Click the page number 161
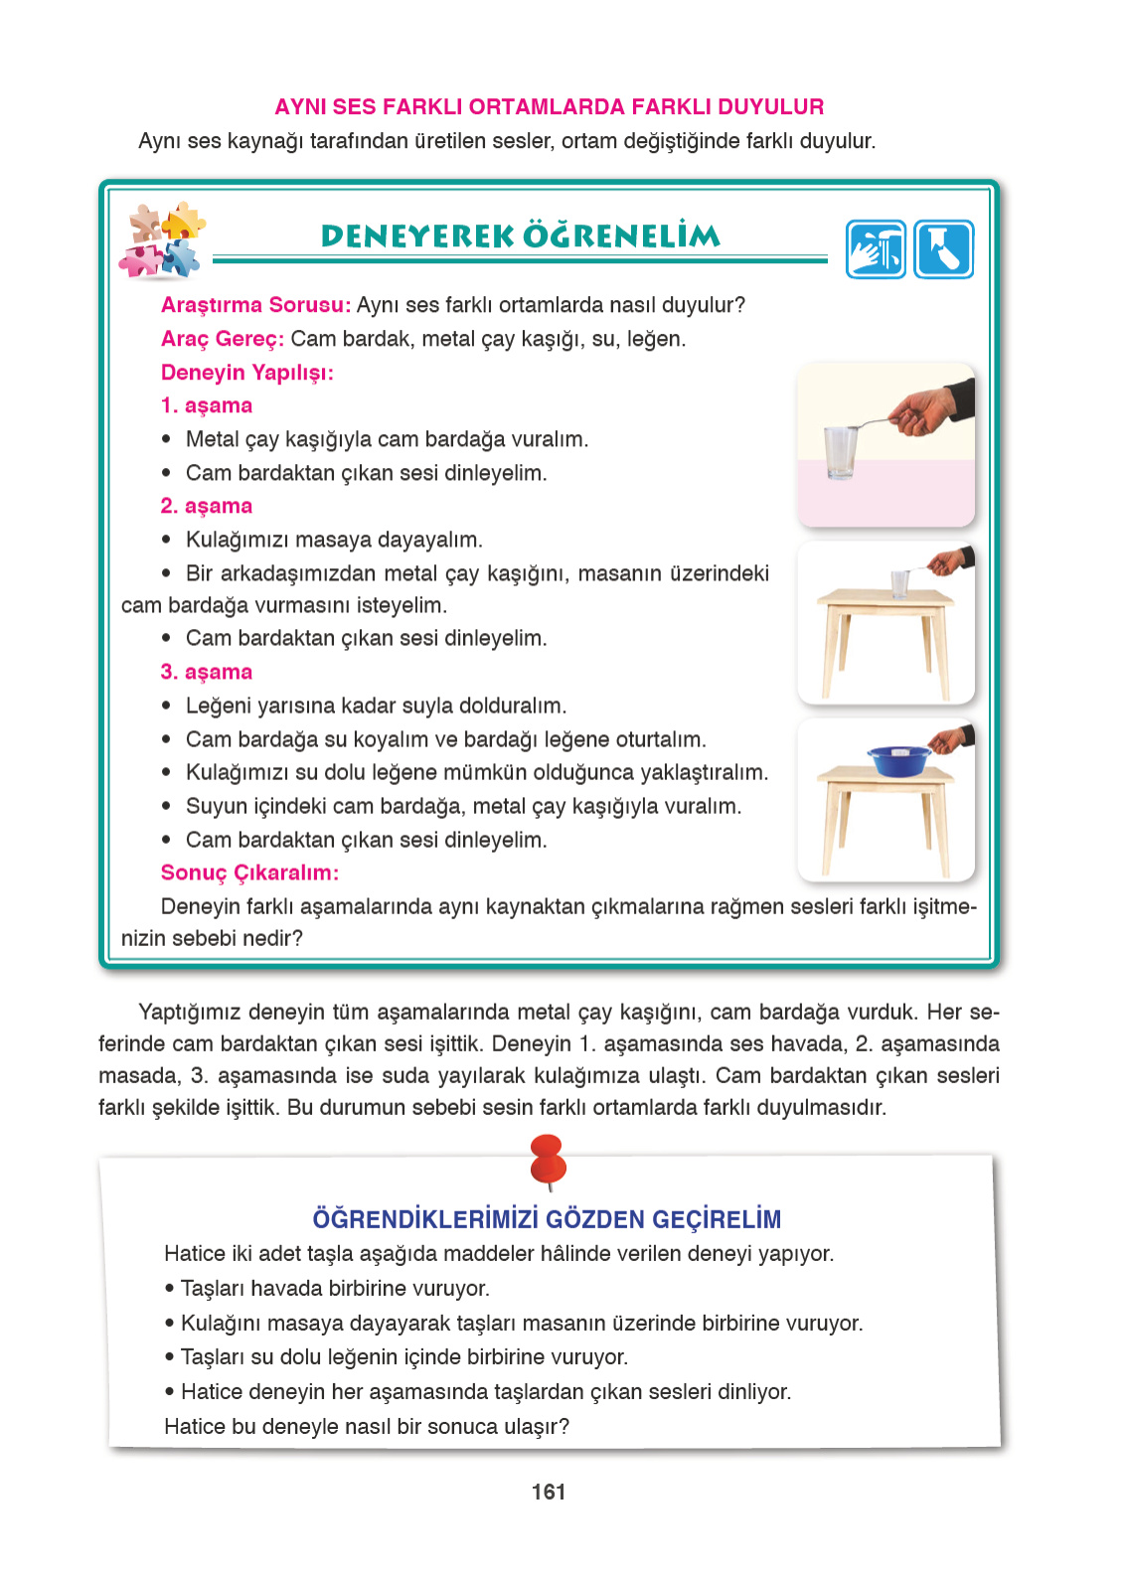[x=549, y=1492]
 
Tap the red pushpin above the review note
[x=548, y=1160]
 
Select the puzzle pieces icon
[x=162, y=241]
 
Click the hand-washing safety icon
[x=876, y=249]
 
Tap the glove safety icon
[x=943, y=249]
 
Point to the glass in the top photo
[x=841, y=452]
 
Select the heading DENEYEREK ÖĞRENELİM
[x=520, y=237]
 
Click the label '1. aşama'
[x=207, y=405]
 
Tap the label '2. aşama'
[x=207, y=506]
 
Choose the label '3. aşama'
[x=207, y=672]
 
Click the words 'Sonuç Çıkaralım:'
[x=249, y=872]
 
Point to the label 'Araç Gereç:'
[x=223, y=339]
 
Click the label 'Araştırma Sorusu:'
[x=255, y=305]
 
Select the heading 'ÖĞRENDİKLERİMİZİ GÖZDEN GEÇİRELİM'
[x=547, y=1219]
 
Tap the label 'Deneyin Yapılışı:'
[x=247, y=373]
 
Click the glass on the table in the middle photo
[x=899, y=582]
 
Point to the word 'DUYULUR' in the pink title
[x=770, y=107]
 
